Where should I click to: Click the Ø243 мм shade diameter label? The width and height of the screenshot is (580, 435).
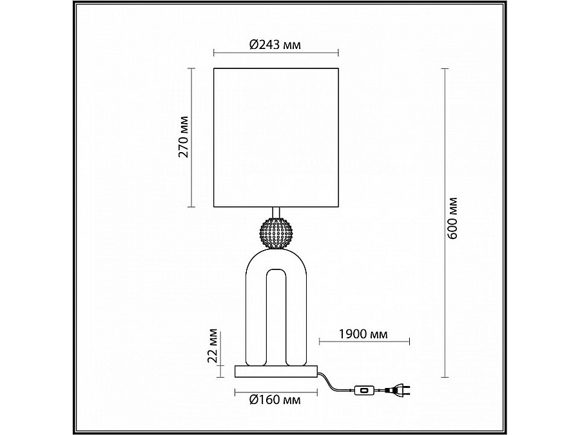275,45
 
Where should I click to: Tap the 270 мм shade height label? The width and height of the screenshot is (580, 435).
183,137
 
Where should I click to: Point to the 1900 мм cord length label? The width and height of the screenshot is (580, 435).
362,334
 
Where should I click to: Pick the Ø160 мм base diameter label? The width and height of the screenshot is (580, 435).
275,400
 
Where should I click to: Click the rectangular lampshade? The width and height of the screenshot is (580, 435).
275,137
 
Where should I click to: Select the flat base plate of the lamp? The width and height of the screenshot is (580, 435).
276,371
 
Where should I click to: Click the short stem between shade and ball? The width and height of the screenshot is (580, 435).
276,213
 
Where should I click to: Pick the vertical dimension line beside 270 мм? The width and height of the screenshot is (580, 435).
192,137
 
